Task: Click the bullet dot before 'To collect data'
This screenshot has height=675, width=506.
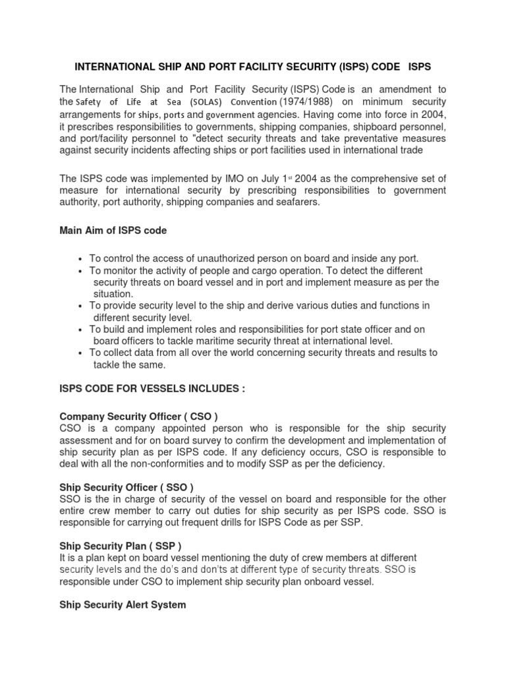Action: pos(80,353)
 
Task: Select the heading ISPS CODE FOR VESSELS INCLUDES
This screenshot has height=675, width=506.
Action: pos(152,390)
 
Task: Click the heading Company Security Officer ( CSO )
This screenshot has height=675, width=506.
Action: pos(138,417)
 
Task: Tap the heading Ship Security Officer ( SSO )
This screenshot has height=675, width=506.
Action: pos(126,488)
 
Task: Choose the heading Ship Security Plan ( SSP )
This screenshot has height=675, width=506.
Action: pos(121,546)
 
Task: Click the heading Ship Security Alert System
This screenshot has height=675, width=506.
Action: pos(123,604)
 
